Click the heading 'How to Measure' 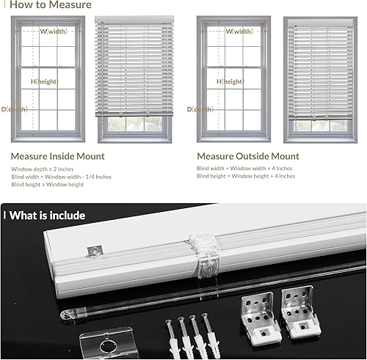point(51,5)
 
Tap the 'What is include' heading point(48,216)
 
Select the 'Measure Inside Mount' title point(57,156)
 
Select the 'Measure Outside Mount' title point(247,156)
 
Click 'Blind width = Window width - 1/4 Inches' point(61,177)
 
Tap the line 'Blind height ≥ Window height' point(47,185)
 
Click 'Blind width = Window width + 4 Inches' point(245,169)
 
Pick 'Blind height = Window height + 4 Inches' point(246,177)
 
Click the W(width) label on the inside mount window point(54,32)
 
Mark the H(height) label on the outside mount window point(230,81)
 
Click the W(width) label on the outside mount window point(239,32)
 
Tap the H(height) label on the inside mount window point(43,81)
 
